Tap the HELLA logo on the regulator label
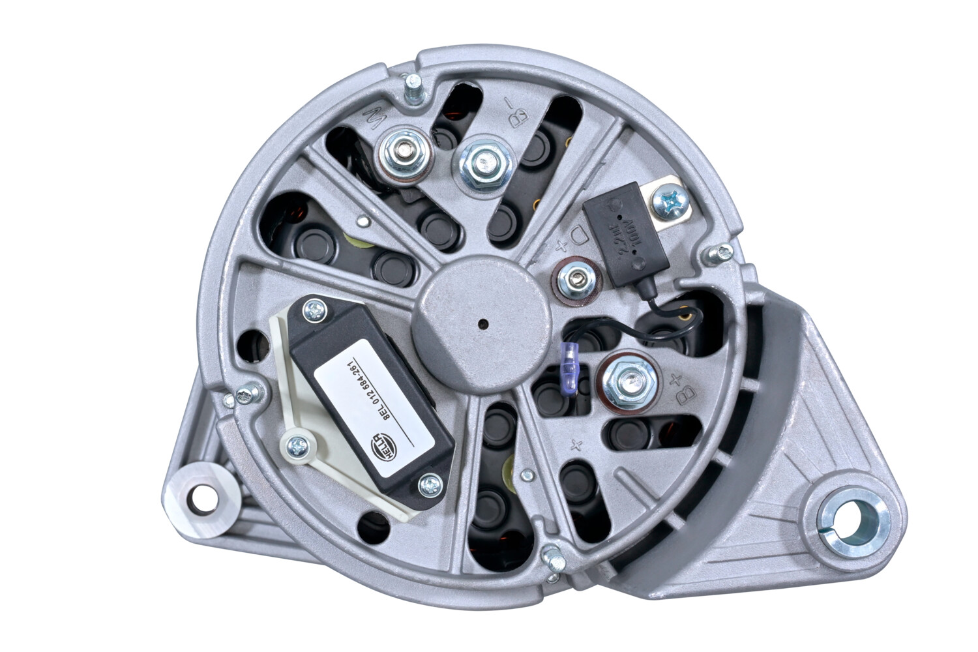pyautogui.click(x=381, y=443)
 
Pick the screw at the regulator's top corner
pyautogui.click(x=316, y=310)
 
